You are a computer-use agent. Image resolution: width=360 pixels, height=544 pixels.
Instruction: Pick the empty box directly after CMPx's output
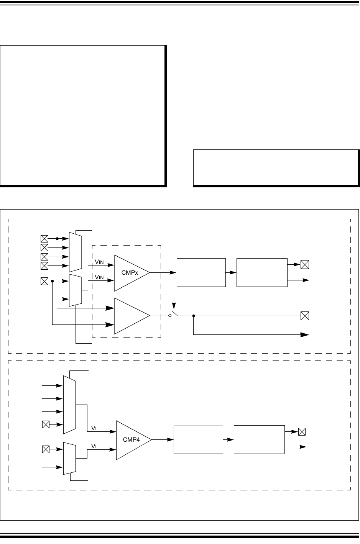pos(201,272)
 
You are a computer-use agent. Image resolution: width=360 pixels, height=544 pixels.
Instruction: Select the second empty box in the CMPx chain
pos(262,272)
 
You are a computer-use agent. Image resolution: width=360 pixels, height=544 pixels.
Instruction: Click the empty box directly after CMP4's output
pos(198,439)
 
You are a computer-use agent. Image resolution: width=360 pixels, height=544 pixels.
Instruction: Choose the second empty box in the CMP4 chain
pos(259,439)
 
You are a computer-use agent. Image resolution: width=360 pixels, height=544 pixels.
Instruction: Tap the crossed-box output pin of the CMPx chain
pos(305,264)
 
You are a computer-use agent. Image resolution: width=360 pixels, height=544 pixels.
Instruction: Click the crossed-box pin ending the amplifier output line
pos(305,316)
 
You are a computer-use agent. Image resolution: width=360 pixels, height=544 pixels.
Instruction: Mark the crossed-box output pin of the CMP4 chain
pos(302,432)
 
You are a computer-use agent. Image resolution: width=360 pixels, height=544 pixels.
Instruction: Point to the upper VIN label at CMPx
pos(100,262)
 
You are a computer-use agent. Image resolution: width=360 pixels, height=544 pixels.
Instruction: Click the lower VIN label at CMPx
pos(100,277)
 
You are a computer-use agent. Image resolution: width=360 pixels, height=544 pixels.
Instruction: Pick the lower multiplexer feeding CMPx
pos(75,290)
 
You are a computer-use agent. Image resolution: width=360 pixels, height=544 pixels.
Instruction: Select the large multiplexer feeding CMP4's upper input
pos(69,404)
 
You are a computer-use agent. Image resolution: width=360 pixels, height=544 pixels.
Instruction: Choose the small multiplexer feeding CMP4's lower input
pos(69,458)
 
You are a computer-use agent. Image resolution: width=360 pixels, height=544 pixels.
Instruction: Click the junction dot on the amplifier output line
pos(194,316)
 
